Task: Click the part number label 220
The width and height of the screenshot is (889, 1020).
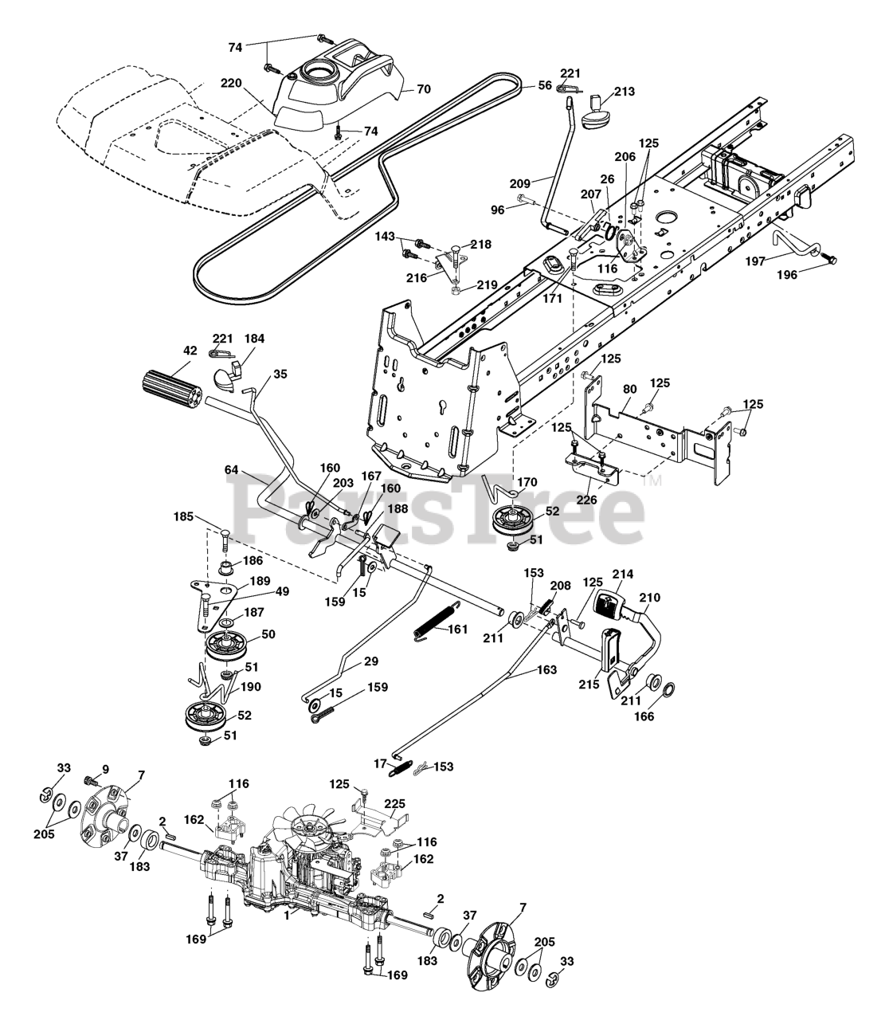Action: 232,82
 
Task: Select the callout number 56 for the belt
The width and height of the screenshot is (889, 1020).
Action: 545,85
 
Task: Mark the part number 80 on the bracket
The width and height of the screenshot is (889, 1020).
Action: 629,390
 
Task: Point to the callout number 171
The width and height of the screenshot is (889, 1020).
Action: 552,298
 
